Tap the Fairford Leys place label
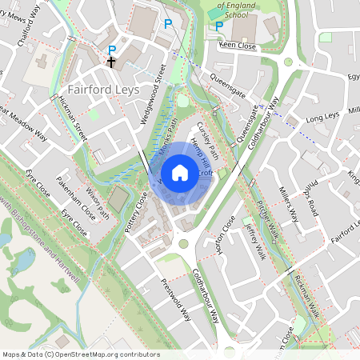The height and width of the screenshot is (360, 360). (105, 90)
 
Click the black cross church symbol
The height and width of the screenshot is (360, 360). (111, 62)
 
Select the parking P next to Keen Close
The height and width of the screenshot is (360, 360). (218, 26)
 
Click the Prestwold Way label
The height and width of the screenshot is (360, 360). (176, 298)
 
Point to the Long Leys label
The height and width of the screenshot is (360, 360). (323, 117)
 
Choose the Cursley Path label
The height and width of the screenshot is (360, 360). (204, 137)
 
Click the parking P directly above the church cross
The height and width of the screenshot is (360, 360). (113, 49)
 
